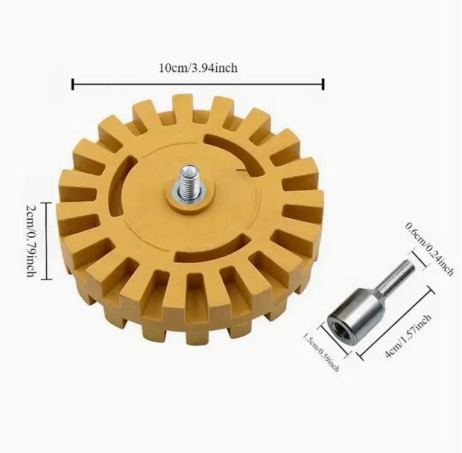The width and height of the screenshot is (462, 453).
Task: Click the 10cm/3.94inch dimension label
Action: [x=198, y=68]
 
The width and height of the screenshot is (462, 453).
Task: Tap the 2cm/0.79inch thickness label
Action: [x=32, y=241]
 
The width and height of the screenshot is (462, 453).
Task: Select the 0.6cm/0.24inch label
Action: [x=429, y=249]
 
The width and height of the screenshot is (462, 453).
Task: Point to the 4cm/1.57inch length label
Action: [x=408, y=336]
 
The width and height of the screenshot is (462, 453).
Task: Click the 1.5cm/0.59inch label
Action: [x=321, y=352]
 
